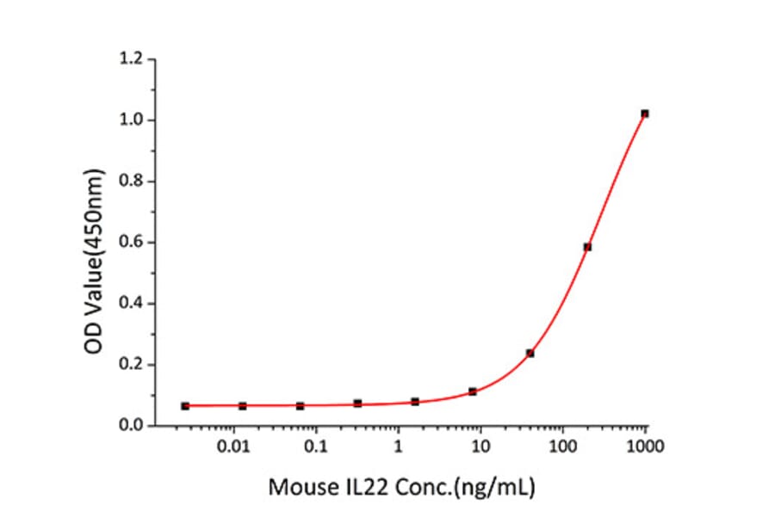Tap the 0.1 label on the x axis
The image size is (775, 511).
click(316, 447)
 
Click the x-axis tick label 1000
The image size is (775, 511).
click(645, 447)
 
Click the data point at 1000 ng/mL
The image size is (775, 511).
click(645, 114)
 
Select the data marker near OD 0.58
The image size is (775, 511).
click(587, 247)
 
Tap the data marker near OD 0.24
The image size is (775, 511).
click(530, 353)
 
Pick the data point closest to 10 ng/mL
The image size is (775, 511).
click(473, 391)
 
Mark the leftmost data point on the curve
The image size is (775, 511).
click(185, 405)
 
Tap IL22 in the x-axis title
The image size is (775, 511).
click(356, 488)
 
